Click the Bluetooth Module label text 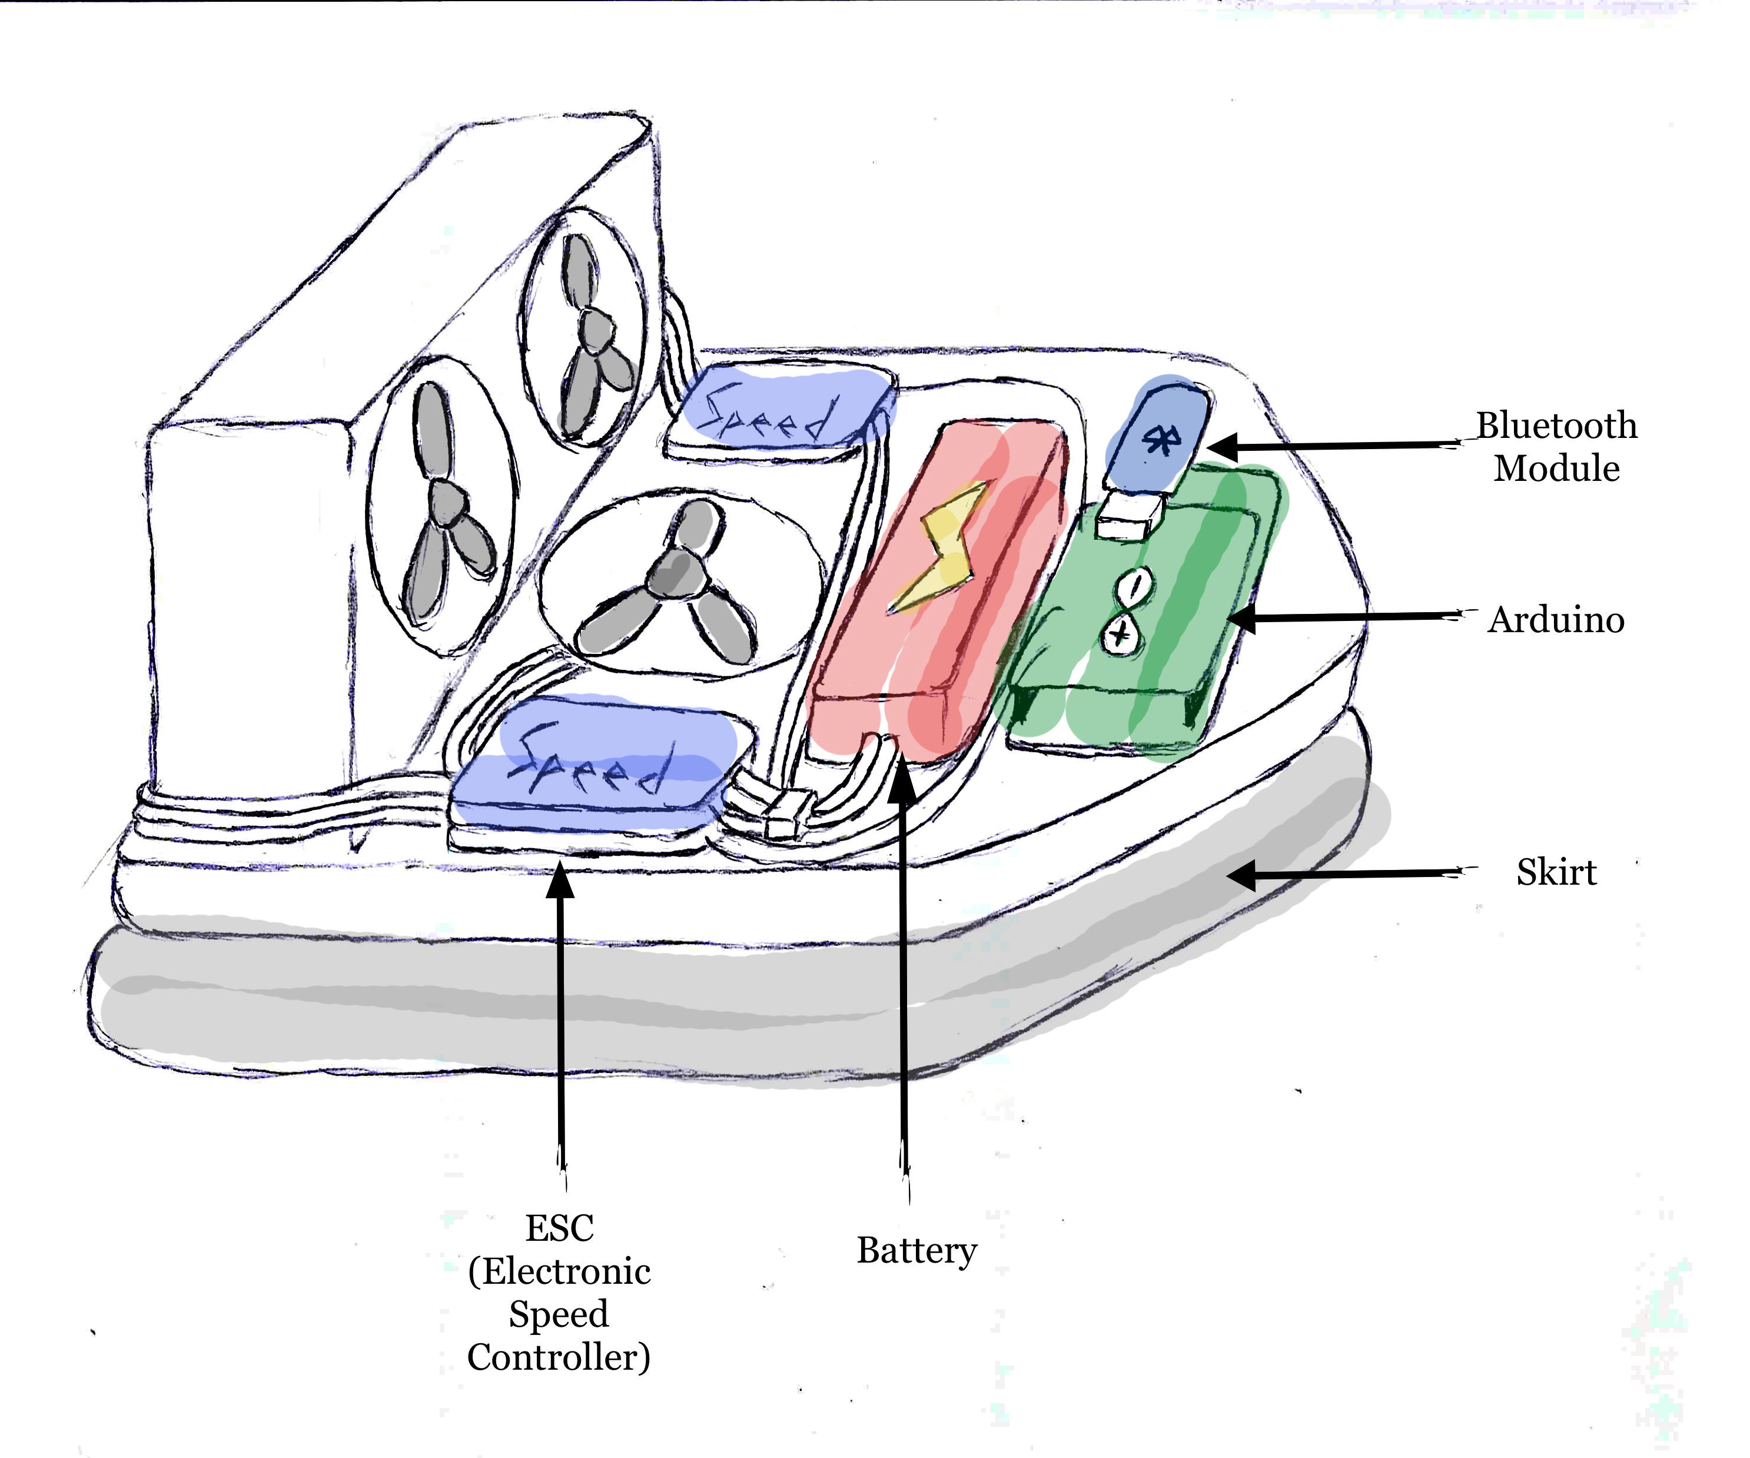click(x=1556, y=447)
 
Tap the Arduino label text click(x=1556, y=620)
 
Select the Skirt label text click(x=1556, y=872)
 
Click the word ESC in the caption click(x=559, y=1228)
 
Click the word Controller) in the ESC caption click(x=559, y=1357)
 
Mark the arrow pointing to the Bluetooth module click(x=1333, y=446)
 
